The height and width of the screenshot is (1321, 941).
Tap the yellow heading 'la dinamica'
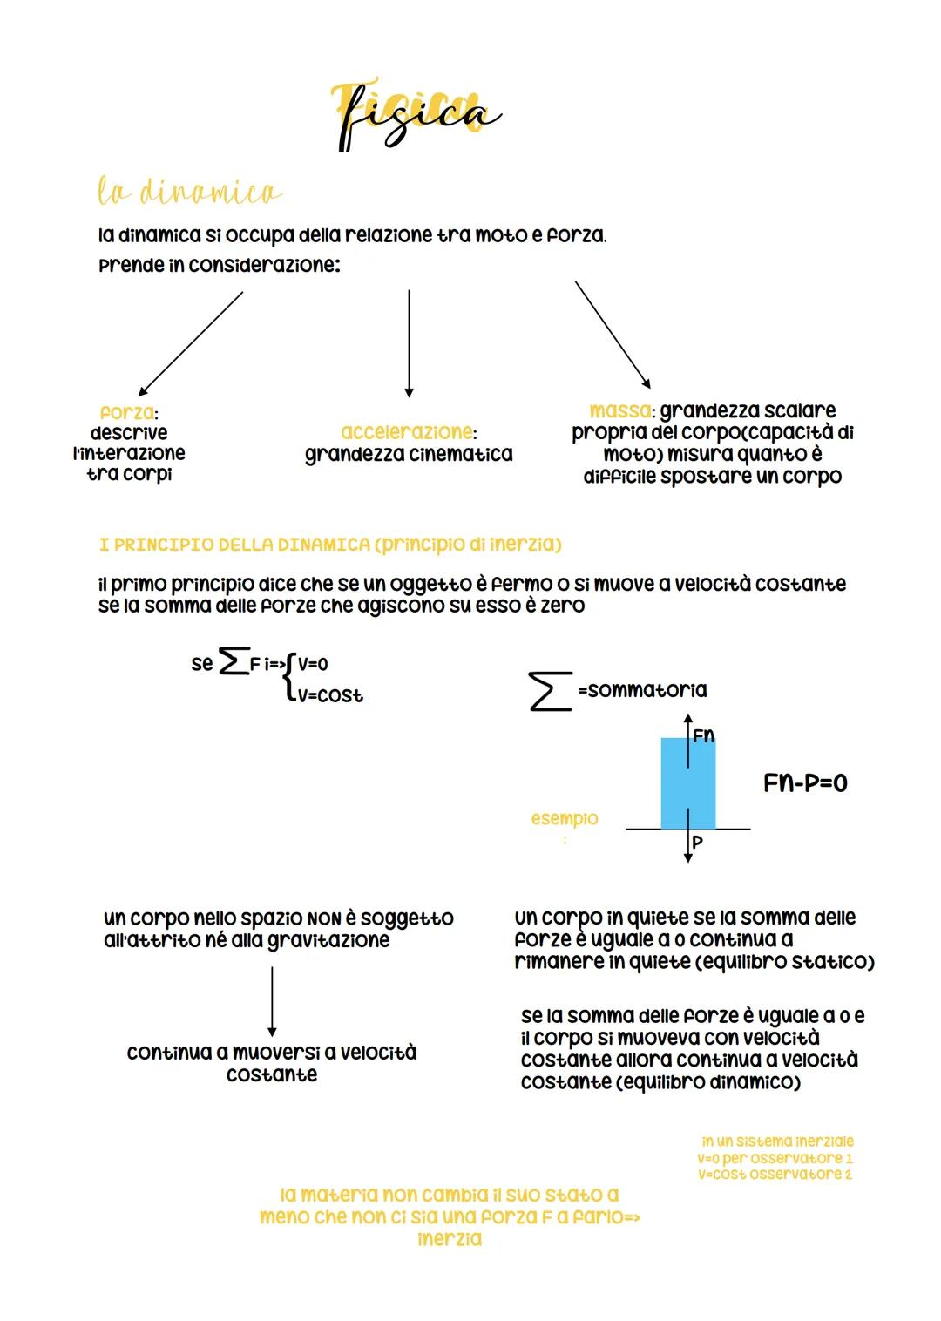(189, 192)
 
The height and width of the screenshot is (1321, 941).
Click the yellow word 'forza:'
(128, 412)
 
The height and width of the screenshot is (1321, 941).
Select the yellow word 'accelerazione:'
(408, 432)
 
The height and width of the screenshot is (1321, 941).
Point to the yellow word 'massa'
(619, 410)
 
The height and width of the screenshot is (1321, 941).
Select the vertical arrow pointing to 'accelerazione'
(409, 343)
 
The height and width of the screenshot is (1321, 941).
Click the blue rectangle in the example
(687, 783)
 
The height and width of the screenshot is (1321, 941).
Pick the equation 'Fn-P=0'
(805, 782)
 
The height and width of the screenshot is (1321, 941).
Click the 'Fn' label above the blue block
(703, 736)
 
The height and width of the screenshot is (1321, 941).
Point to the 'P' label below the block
(697, 843)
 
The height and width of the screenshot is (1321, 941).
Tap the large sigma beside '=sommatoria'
(550, 690)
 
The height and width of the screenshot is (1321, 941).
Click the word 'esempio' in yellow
(565, 818)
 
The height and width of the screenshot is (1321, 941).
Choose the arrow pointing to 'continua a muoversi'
(272, 1001)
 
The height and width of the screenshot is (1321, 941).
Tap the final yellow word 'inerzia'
(450, 1238)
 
